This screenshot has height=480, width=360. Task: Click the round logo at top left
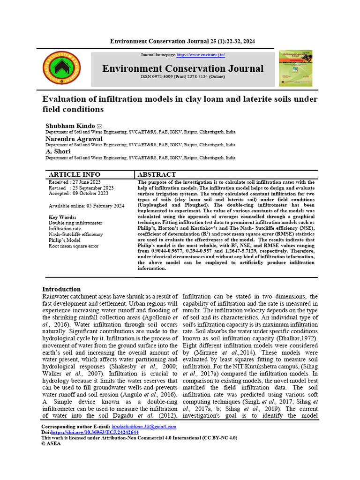(62, 68)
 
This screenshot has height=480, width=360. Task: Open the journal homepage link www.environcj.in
(201, 55)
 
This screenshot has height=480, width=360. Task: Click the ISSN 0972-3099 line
(183, 76)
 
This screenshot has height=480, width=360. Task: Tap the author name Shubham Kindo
(70, 127)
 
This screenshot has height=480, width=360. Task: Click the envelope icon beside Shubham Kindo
(99, 127)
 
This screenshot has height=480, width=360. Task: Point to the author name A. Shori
(58, 151)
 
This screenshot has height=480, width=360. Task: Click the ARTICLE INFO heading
(75, 174)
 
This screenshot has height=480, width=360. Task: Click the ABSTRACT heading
(157, 174)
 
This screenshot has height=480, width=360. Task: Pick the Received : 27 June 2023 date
(75, 182)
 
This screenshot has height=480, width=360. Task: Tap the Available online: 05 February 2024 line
(86, 206)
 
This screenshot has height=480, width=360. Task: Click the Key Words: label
(62, 217)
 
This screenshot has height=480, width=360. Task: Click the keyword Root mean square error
(74, 246)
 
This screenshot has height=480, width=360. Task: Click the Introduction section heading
(61, 289)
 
